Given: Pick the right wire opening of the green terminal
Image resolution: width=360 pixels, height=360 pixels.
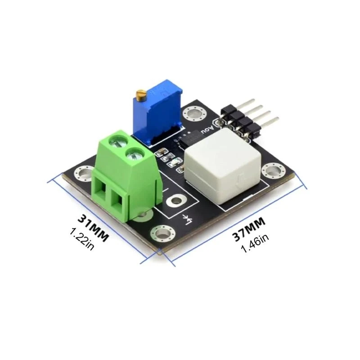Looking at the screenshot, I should pyautogui.click(x=120, y=203).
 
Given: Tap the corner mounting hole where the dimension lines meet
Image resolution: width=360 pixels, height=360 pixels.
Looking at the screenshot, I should pyautogui.click(x=161, y=233).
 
